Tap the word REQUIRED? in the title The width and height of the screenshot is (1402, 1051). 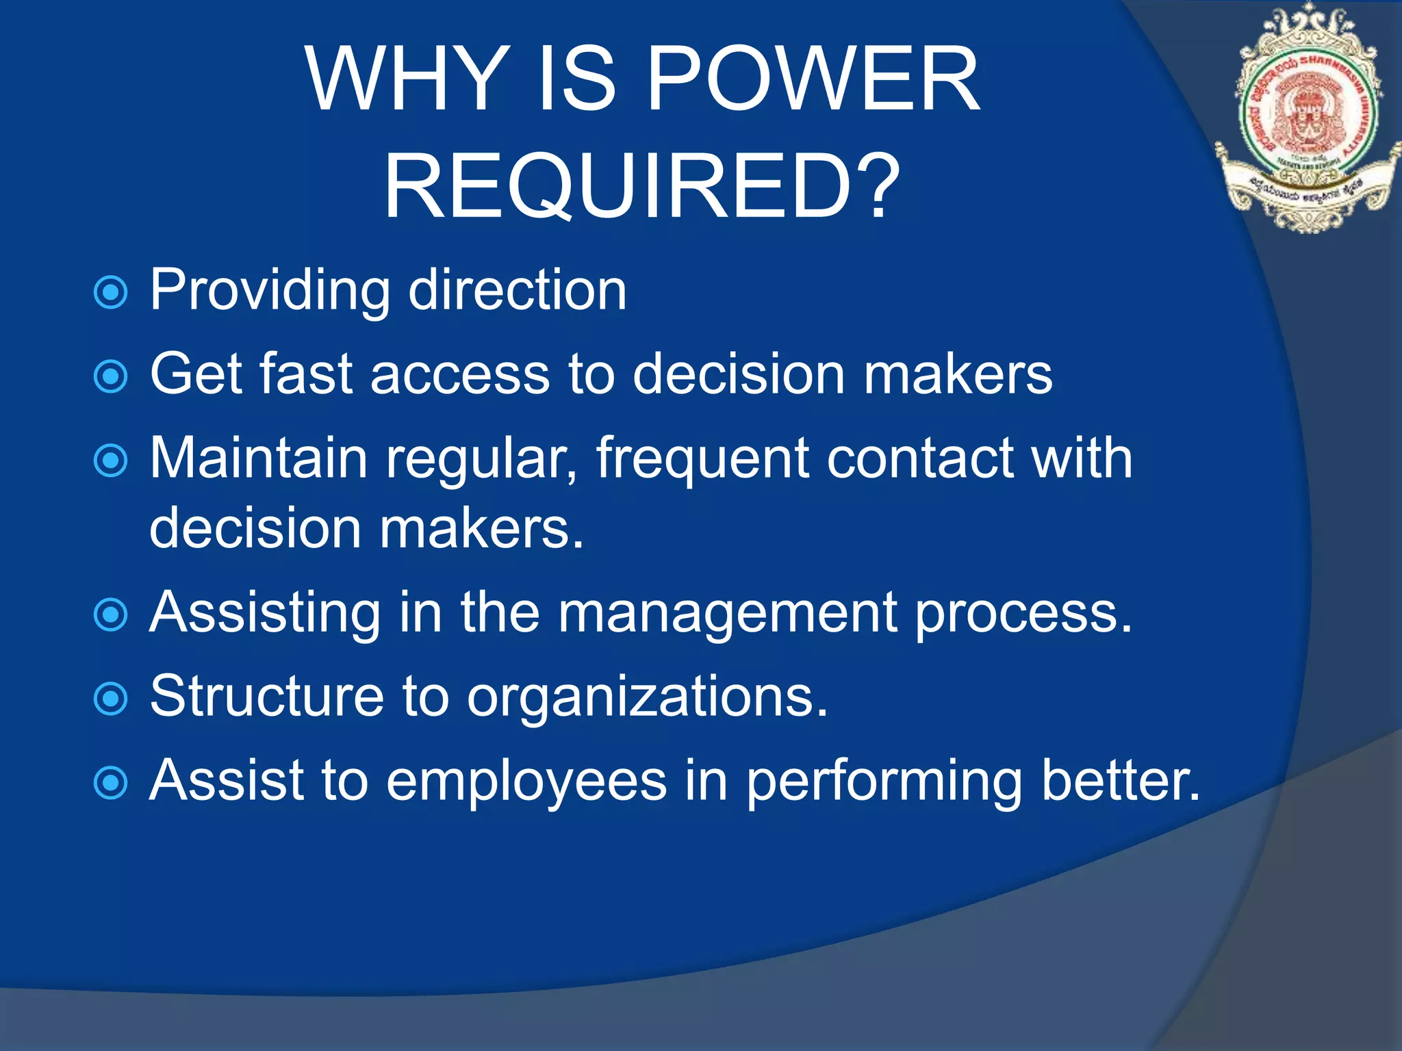tap(641, 186)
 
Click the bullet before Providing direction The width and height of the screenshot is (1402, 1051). tap(110, 293)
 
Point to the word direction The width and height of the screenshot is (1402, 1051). tap(517, 290)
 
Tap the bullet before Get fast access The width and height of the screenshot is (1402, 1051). tap(110, 376)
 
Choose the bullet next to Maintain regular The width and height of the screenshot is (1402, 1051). tap(110, 460)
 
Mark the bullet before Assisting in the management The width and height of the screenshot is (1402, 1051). tap(110, 614)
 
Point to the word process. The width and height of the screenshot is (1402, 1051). tap(1023, 613)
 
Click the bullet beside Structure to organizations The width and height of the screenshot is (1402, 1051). tap(110, 699)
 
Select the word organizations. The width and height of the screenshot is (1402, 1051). tap(647, 697)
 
